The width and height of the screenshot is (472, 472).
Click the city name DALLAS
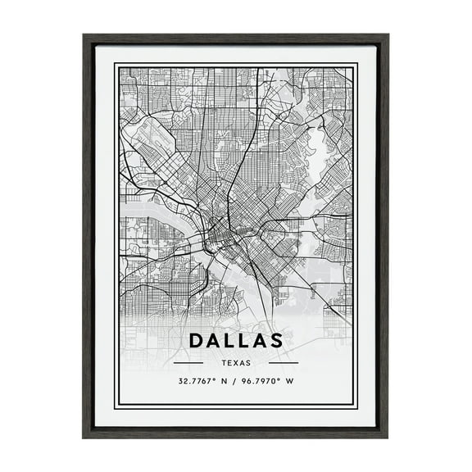click(x=236, y=339)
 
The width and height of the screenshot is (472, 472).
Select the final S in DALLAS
click(x=275, y=339)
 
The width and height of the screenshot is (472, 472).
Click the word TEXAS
click(x=236, y=361)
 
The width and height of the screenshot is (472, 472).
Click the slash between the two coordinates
click(x=236, y=381)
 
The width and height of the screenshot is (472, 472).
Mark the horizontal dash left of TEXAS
click(x=188, y=361)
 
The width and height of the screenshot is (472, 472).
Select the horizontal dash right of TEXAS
click(x=284, y=361)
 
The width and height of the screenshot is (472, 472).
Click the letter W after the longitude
click(x=292, y=381)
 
